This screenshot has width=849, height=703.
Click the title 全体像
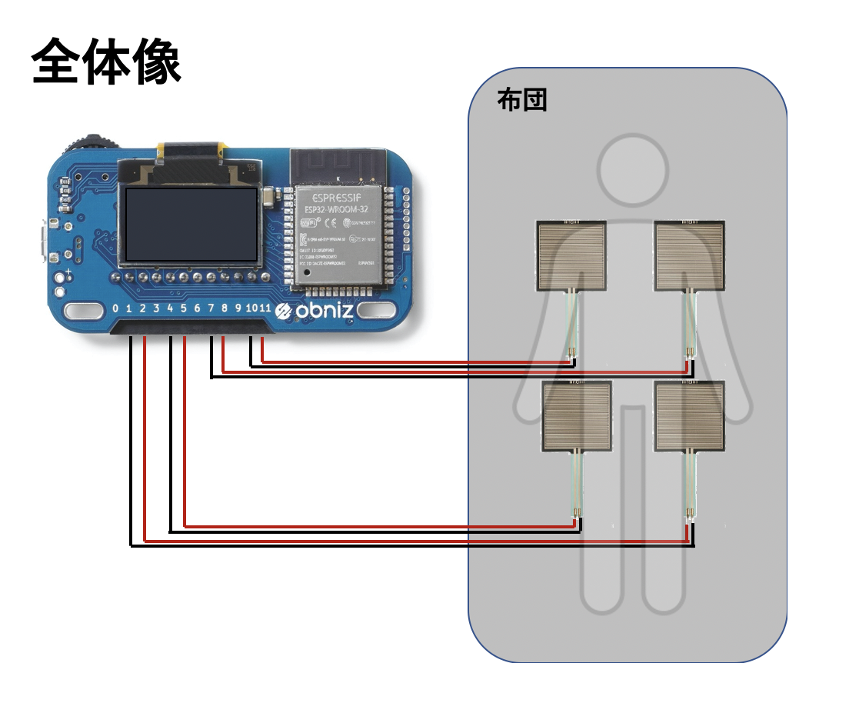106,62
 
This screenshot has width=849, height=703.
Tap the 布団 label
522,100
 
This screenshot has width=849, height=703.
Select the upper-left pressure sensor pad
571,256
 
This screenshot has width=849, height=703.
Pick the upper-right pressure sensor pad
688,256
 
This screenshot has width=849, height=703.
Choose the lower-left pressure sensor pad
578,415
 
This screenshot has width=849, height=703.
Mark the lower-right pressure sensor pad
690,415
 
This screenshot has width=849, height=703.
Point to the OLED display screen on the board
191,224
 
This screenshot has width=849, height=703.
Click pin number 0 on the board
115,309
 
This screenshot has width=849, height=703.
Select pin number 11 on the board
265,309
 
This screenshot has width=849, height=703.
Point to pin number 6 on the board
197,309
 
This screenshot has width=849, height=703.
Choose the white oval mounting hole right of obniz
375,311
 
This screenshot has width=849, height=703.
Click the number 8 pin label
225,309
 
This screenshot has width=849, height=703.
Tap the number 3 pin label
156,309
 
